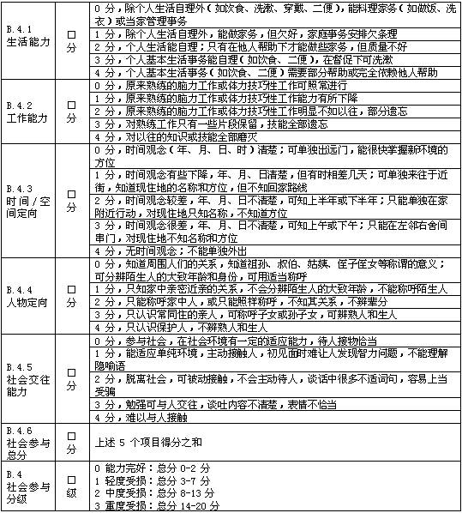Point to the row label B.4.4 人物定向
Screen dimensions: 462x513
tap(25, 294)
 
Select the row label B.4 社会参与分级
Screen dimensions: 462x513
tap(26, 488)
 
